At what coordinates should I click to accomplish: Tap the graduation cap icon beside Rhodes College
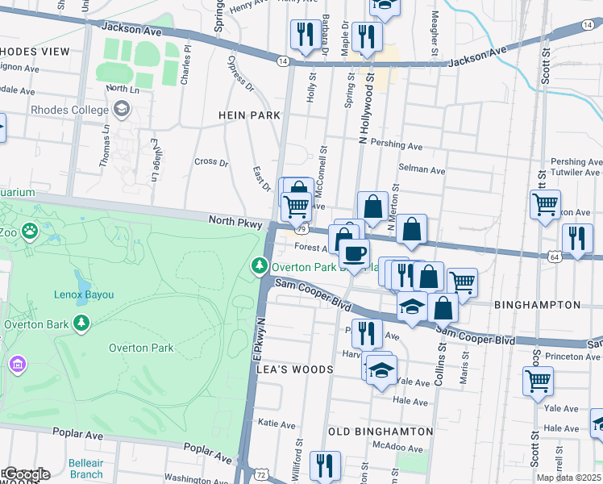(121, 108)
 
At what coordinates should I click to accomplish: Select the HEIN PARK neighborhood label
(250, 115)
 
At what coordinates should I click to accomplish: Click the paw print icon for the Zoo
(31, 232)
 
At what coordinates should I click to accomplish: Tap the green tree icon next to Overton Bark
(81, 323)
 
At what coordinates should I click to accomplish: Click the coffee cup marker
(354, 253)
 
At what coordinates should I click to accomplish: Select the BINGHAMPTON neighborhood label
(536, 305)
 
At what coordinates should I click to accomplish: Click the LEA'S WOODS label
(294, 369)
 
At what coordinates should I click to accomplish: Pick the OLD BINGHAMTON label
(381, 432)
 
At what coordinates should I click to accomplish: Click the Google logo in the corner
(26, 474)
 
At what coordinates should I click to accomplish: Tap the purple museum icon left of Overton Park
(17, 365)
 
